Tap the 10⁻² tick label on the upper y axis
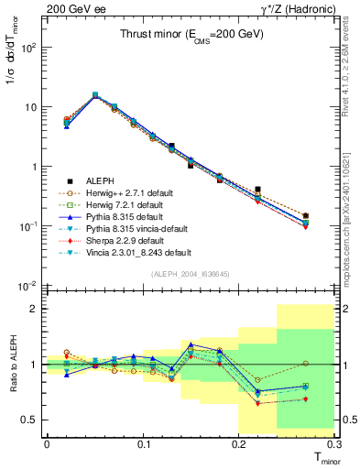tap(29, 286)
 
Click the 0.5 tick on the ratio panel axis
tap(31, 420)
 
